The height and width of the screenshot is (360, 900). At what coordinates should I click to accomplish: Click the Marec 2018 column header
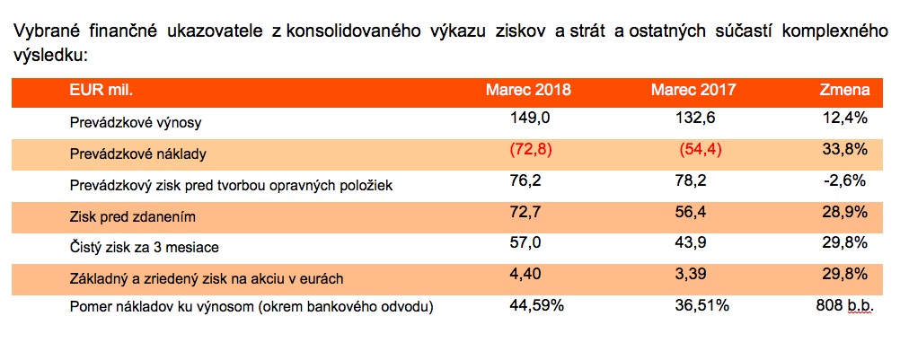tap(528, 91)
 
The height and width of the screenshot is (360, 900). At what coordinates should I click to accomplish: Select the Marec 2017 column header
tap(693, 91)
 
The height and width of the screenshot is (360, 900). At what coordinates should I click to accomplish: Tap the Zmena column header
tap(844, 91)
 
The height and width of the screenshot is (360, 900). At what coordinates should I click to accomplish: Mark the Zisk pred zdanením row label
tap(132, 216)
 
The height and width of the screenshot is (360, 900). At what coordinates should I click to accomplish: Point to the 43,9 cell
tap(692, 243)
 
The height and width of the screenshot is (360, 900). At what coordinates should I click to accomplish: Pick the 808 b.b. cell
tap(841, 306)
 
